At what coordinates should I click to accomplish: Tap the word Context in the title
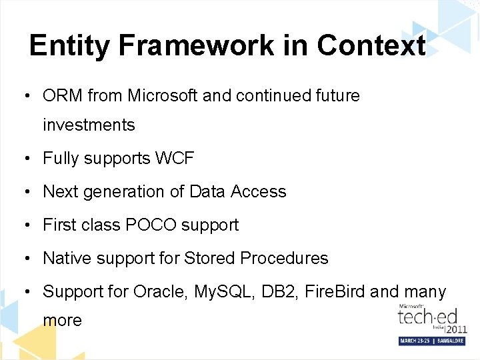(x=371, y=45)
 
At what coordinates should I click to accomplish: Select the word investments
(x=89, y=125)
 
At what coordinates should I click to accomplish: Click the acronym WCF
(x=175, y=159)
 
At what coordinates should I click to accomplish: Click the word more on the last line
(x=62, y=321)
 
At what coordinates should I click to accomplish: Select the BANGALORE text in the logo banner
(x=449, y=341)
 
